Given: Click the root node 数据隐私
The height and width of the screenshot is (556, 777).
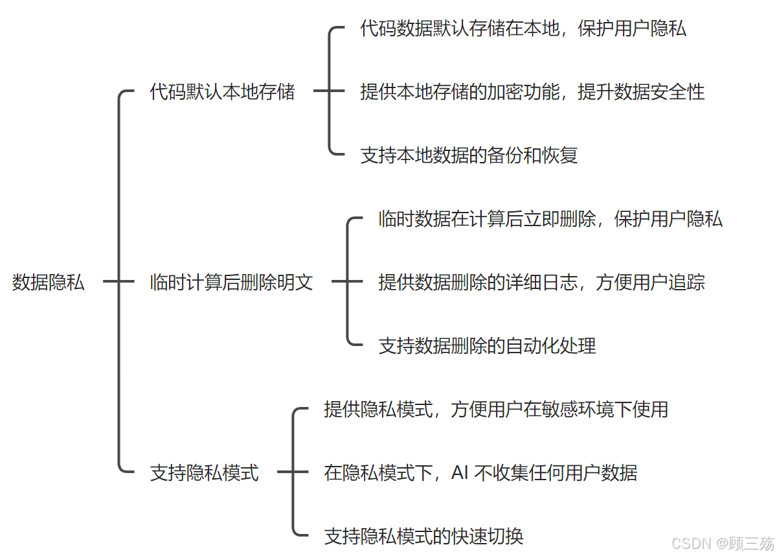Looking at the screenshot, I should point(49,282).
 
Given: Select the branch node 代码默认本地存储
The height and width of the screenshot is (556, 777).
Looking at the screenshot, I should point(222,92).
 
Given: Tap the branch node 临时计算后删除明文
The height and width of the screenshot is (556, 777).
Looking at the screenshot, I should point(231,283).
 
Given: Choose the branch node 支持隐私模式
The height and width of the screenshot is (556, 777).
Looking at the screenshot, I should point(204,472).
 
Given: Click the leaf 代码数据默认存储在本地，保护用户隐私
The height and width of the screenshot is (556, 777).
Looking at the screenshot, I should point(523,29).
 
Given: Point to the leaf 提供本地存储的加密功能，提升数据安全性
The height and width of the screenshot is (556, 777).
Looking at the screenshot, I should point(532,92).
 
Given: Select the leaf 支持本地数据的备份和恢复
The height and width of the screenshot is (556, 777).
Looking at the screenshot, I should point(469,156).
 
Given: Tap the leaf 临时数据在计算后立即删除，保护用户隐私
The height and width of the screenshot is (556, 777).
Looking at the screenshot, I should point(550,219).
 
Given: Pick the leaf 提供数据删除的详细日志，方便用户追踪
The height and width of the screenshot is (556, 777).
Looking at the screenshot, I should point(541,283).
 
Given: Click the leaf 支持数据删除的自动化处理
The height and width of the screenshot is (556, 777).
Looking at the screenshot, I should point(487,346).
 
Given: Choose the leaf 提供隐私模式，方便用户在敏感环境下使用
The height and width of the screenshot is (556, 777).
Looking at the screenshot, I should point(496,410).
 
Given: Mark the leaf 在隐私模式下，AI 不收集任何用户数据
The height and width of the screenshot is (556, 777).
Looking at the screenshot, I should point(480,473).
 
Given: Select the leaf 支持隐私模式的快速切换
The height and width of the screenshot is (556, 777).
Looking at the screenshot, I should point(423,537).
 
